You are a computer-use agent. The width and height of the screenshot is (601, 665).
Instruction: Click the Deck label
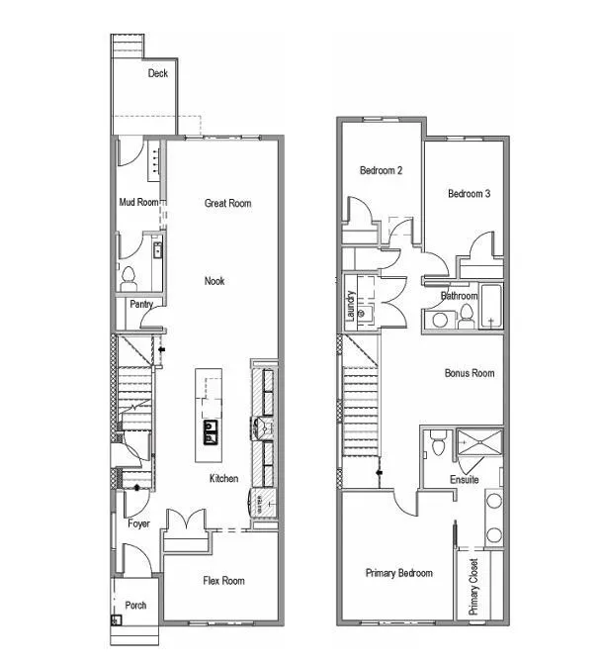coord(158,73)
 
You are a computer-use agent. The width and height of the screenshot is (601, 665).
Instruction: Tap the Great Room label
coord(227,203)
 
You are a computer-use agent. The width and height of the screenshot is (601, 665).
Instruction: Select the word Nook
coord(215,281)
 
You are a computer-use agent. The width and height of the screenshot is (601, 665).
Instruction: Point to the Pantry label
coord(141,305)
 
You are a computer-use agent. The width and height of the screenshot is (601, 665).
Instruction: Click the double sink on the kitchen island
coord(211,428)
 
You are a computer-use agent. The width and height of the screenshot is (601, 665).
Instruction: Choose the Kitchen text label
coord(223,479)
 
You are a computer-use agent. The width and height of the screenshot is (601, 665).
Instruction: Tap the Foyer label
coord(138,523)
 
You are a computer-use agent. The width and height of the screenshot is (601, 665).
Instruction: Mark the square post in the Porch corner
coord(117,620)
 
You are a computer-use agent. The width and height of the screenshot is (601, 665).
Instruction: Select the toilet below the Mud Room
coord(128,278)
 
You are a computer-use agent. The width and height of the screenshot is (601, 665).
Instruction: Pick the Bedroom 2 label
coord(381,171)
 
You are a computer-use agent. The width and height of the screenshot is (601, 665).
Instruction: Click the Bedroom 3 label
coord(469,194)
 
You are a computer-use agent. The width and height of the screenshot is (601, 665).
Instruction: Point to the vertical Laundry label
coord(350,306)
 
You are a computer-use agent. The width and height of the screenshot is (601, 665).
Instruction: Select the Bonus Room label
coord(469,373)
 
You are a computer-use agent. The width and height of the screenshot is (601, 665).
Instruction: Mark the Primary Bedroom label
coord(398,573)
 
